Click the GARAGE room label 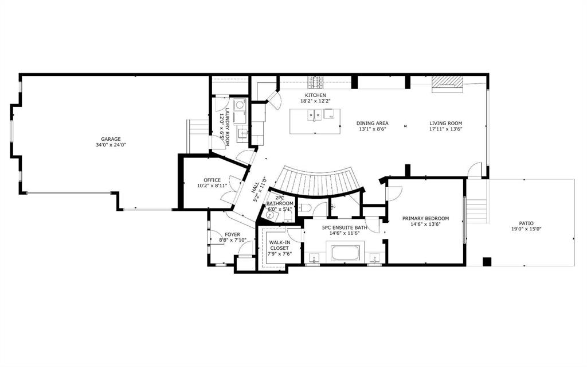coord(111,139)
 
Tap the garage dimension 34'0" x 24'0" coord(111,145)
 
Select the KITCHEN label coord(315,95)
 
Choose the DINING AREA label coord(372,123)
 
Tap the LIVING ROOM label coord(445,123)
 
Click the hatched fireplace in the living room coord(447,84)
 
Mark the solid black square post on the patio coord(487,261)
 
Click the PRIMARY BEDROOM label coord(425,218)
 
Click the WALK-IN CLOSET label coord(280,245)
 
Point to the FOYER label coord(233,234)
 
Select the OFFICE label coord(212,180)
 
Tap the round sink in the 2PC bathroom coord(269,215)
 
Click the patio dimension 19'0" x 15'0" coord(526,229)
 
